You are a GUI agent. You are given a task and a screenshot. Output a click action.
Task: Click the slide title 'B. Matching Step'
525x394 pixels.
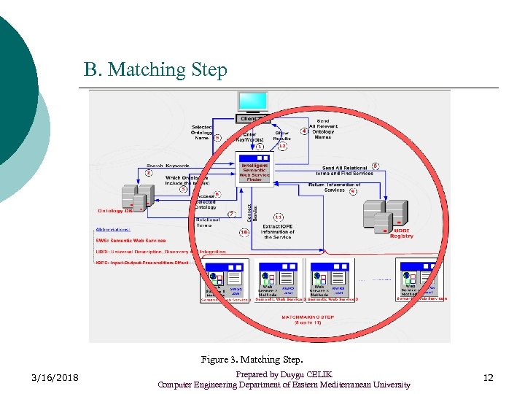155,70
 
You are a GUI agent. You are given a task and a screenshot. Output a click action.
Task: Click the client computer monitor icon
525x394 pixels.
253,101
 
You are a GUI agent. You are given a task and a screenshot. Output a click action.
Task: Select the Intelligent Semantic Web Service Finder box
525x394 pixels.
254,169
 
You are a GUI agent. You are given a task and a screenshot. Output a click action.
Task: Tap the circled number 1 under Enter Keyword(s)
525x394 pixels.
260,147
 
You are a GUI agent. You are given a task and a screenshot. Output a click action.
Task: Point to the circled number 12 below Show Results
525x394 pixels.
282,147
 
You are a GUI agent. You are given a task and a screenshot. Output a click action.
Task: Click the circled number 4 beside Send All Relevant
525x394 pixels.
304,131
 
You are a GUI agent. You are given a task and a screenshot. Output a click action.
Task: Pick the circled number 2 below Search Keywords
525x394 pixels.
149,174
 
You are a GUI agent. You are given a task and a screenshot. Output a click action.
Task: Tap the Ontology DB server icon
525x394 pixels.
137,196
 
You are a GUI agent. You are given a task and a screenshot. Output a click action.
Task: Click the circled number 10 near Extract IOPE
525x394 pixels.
244,232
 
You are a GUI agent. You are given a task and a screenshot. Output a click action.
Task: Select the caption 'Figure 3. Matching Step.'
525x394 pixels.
252,359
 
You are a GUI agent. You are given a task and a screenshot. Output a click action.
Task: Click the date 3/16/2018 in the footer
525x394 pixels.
56,378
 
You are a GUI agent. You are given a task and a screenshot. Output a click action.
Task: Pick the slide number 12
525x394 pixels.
489,378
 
